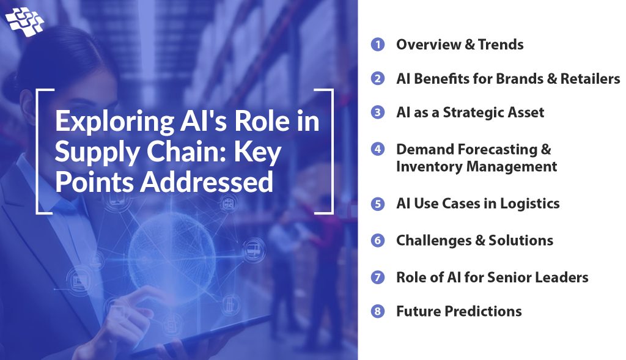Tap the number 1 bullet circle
point(378,45)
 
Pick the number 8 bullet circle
point(378,312)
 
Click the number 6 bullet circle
point(378,240)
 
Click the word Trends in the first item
point(501,45)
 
